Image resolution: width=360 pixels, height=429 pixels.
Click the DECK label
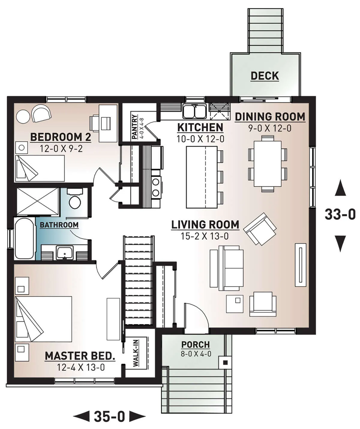(265, 76)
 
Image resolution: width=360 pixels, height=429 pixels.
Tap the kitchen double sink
(194, 111)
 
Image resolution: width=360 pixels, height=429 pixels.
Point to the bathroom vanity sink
(65, 253)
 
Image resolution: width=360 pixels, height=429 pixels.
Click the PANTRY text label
(135, 127)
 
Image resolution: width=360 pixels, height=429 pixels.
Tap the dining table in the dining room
(268, 164)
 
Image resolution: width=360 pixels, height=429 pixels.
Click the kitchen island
(202, 177)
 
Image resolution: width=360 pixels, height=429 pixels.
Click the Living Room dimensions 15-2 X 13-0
(205, 236)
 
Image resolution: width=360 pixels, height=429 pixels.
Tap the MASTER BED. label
(80, 356)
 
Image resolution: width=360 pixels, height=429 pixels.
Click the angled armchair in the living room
(260, 229)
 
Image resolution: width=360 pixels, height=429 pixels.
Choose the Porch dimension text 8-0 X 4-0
(196, 354)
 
